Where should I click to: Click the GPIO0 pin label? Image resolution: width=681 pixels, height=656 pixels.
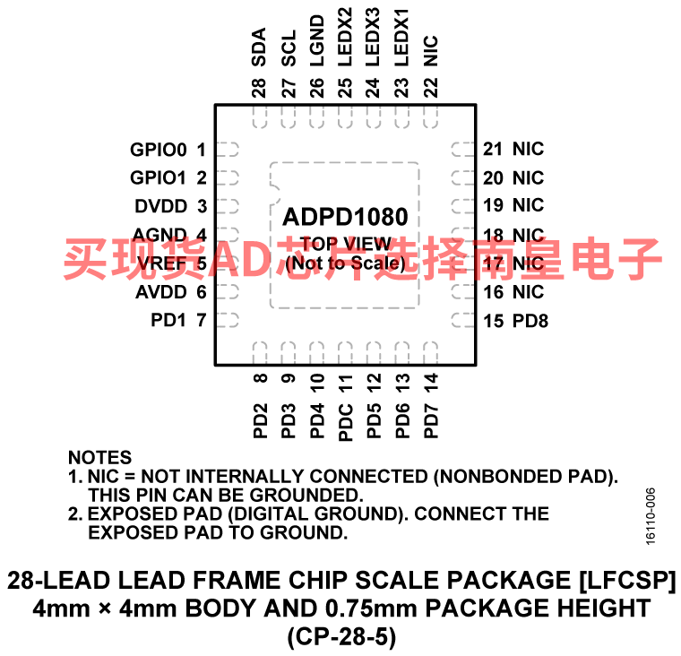tap(158, 150)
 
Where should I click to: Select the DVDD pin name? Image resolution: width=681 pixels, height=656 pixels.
tap(160, 206)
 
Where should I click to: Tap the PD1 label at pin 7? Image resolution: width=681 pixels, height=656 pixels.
tap(168, 320)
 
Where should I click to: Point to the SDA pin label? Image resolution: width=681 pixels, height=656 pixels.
tap(259, 47)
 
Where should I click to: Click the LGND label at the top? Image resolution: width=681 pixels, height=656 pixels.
tap(317, 41)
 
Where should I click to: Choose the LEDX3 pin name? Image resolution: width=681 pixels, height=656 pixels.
tap(373, 38)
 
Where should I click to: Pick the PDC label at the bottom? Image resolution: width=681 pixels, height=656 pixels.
tap(346, 423)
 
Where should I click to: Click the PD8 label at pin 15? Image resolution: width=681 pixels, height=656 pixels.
tap(530, 321)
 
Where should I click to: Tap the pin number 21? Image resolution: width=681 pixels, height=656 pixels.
tap(493, 149)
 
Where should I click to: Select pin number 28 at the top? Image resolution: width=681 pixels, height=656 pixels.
tap(259, 88)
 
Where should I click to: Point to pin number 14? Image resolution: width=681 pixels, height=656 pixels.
tap(431, 383)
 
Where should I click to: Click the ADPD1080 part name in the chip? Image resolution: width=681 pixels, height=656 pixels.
tap(345, 217)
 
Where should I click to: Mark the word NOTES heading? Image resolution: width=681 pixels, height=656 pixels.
tap(99, 457)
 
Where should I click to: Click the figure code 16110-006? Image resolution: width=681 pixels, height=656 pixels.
tap(651, 516)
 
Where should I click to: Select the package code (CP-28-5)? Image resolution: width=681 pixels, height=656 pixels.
tap(341, 637)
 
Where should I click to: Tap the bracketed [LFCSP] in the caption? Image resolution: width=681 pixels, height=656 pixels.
tap(627, 581)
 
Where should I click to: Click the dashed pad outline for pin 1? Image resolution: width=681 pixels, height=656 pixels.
tap(228, 150)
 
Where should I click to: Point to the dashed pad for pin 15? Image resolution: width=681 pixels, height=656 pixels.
tap(463, 321)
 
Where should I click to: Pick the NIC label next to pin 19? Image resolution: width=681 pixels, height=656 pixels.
tap(528, 205)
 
